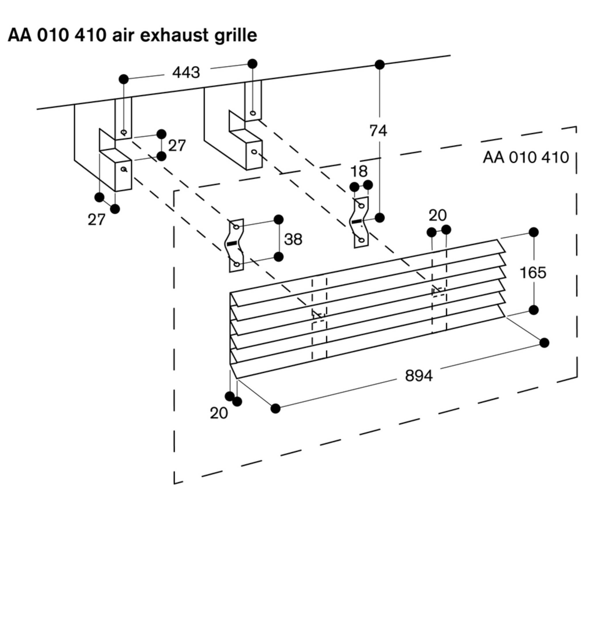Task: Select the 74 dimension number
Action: (x=378, y=131)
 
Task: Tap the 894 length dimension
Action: (x=419, y=376)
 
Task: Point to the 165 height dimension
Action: (x=533, y=273)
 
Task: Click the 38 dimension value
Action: (x=293, y=239)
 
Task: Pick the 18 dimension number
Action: (x=359, y=171)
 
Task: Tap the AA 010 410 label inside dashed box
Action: (x=526, y=157)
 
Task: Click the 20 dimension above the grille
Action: (x=438, y=215)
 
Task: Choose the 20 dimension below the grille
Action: (x=219, y=413)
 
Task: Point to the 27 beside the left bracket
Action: (x=177, y=145)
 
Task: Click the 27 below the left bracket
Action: (x=97, y=220)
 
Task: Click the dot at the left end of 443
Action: (x=124, y=79)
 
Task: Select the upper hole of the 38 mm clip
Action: (x=237, y=227)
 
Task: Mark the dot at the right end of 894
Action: (x=544, y=342)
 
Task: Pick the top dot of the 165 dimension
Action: (x=534, y=232)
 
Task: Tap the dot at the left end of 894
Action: (x=275, y=408)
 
